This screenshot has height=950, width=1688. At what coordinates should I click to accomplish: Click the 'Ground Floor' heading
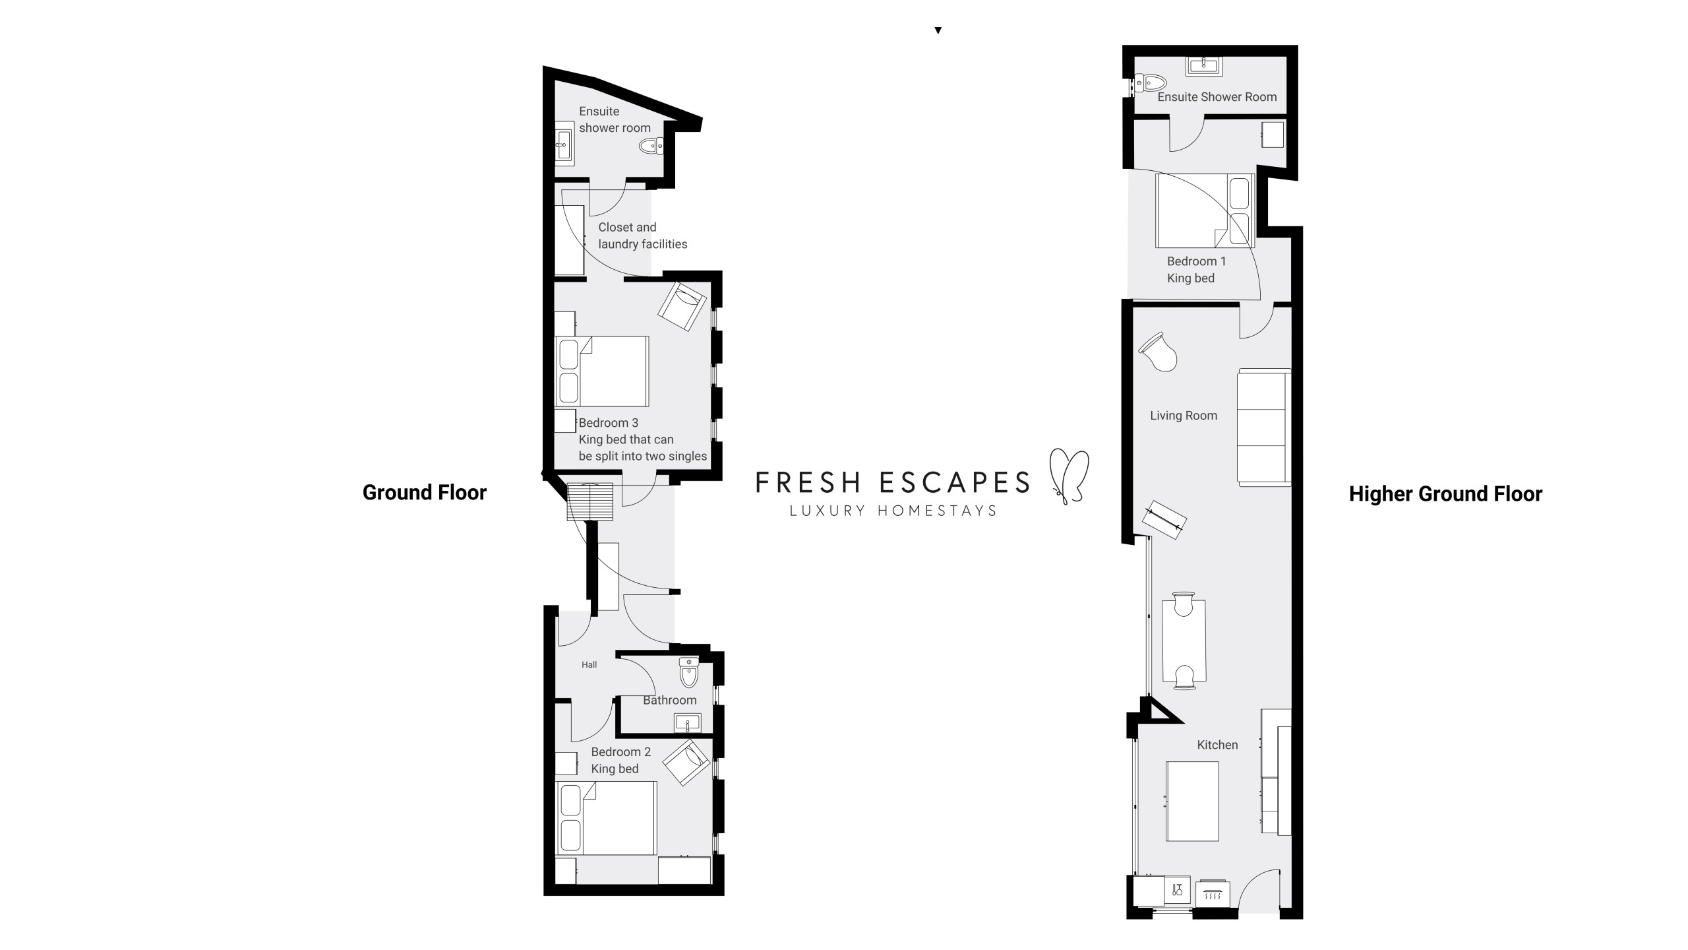click(x=424, y=493)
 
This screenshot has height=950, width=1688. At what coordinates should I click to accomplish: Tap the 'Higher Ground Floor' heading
click(x=1445, y=494)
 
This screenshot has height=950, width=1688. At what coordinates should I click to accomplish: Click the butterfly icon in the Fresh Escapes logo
click(x=1068, y=476)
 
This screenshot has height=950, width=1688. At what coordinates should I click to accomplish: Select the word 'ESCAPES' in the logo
click(x=955, y=482)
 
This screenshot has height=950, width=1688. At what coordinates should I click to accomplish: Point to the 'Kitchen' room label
click(x=1217, y=745)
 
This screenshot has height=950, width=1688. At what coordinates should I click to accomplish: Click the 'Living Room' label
click(x=1184, y=416)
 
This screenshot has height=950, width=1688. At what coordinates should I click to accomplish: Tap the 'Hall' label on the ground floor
click(x=589, y=664)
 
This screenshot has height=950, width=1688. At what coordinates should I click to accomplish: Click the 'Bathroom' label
click(x=669, y=700)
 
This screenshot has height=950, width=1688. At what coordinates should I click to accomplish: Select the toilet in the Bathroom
click(x=689, y=672)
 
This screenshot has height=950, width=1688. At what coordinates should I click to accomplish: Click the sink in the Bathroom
click(x=688, y=723)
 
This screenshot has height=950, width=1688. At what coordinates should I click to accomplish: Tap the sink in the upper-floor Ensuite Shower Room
click(x=1205, y=65)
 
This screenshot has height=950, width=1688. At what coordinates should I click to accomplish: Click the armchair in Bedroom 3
click(x=682, y=307)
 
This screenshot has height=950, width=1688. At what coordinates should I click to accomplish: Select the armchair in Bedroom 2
click(x=687, y=763)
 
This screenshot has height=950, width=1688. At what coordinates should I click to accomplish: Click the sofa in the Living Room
click(x=1264, y=428)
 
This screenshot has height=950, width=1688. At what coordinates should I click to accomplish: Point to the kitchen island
click(x=1192, y=802)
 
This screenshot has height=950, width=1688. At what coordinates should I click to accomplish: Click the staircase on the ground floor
click(x=590, y=503)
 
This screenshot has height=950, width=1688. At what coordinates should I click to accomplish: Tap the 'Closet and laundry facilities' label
click(x=643, y=236)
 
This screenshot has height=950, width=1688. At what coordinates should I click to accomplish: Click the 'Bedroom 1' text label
click(x=1197, y=261)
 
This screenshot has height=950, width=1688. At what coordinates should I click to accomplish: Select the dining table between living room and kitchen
click(x=1184, y=641)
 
